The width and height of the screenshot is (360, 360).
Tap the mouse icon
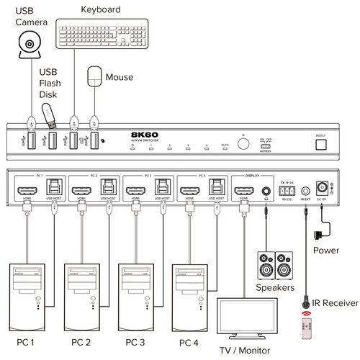point(94,76)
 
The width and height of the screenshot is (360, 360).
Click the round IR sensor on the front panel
point(243,143)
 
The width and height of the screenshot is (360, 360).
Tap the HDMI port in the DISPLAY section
point(244,191)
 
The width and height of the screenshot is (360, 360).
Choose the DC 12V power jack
point(334,189)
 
